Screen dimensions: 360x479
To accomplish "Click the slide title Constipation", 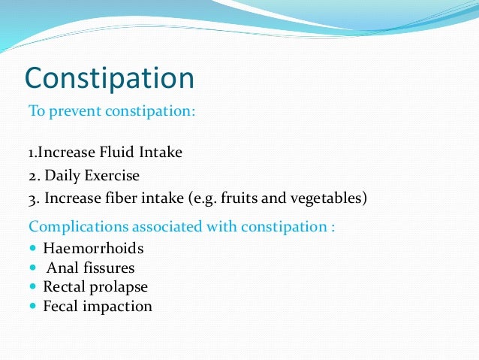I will tap(110, 78).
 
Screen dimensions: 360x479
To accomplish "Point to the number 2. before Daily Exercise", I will tap(34, 176).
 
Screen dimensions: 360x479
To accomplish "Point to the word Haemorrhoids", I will tap(93, 248).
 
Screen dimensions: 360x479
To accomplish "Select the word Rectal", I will tap(63, 287).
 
